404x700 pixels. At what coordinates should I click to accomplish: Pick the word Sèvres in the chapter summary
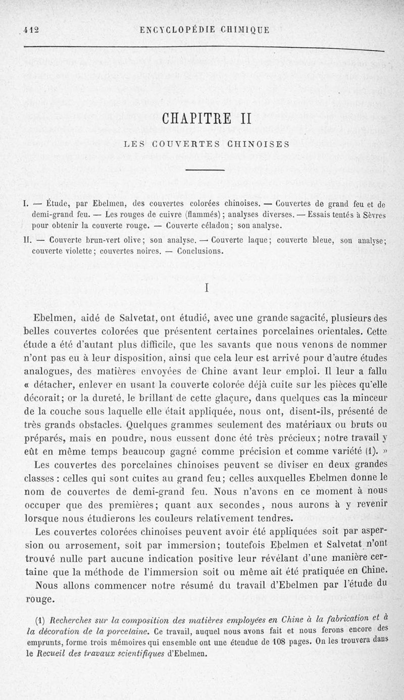(373, 214)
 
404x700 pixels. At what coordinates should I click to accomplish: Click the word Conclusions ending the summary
(200, 251)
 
